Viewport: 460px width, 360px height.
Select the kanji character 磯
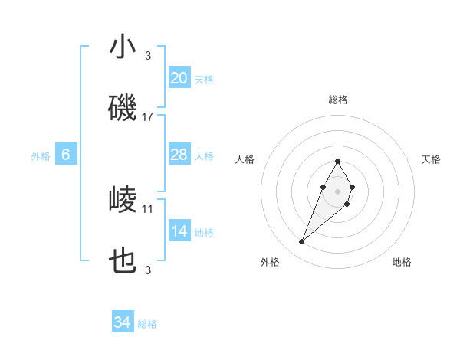tap(123, 109)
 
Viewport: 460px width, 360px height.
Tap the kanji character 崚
tap(123, 201)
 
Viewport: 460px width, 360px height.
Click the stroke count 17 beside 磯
tap(148, 117)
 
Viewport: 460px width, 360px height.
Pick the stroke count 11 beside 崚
tap(148, 208)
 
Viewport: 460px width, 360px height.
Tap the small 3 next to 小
tap(148, 55)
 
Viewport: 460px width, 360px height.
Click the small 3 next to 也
tap(148, 270)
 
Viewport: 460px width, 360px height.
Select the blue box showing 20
tap(179, 78)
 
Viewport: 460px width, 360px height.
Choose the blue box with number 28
tap(179, 155)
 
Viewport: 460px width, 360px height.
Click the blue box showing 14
tap(179, 231)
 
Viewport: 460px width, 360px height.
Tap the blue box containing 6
tap(66, 155)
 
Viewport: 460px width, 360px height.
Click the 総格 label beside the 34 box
tap(147, 324)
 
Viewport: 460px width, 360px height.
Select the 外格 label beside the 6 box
tap(41, 156)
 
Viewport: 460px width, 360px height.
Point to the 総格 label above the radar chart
tap(338, 100)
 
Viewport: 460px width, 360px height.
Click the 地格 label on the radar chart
tap(402, 262)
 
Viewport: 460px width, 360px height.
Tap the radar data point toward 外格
tap(302, 242)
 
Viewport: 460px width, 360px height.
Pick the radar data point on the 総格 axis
tap(338, 161)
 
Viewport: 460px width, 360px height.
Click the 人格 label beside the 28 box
tap(204, 156)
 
